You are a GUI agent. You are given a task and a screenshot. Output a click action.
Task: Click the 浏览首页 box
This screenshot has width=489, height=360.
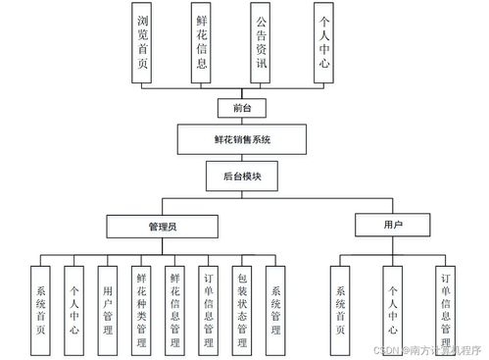[143, 42]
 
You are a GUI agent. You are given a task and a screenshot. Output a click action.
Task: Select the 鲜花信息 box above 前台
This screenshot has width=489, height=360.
[202, 42]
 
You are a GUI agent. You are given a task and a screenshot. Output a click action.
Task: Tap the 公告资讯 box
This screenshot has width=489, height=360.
[261, 42]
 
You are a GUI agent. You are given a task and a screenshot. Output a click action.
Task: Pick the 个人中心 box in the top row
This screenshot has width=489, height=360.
[320, 42]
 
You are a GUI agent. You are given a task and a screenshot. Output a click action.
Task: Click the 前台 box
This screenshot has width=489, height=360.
[230, 108]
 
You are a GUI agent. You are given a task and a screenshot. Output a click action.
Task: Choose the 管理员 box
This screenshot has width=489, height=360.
[163, 227]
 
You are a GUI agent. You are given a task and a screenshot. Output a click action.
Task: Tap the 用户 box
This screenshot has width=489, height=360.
[392, 227]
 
